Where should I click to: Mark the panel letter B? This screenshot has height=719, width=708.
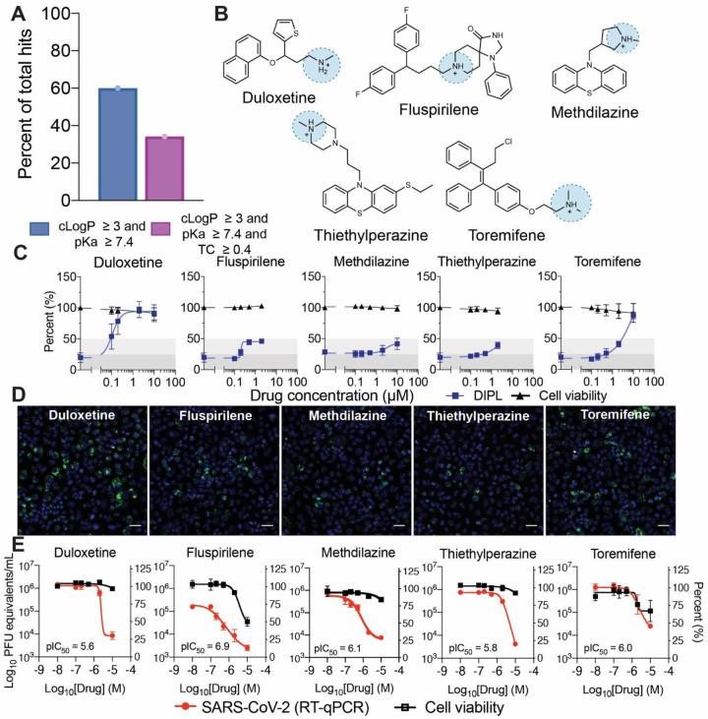click(221, 14)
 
